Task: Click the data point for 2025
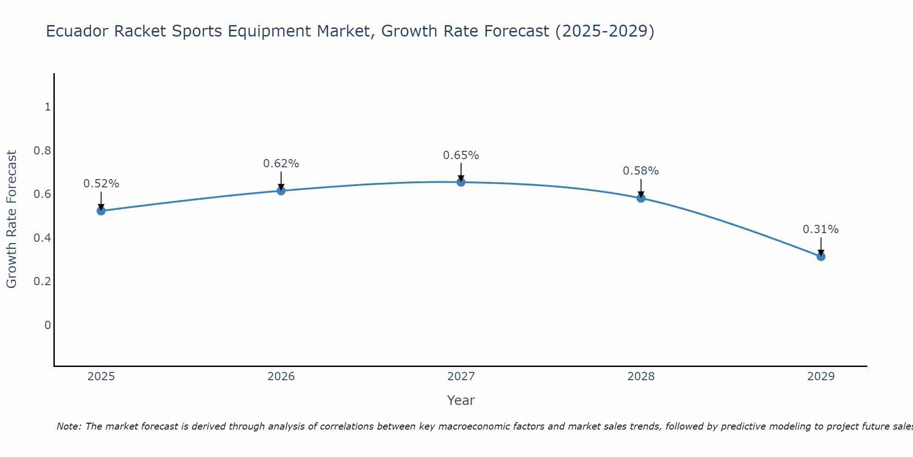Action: point(101,211)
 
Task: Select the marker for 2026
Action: point(281,191)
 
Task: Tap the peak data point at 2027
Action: point(461,182)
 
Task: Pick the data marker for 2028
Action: point(641,198)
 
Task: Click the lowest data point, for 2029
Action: point(821,256)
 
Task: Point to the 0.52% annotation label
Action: point(101,184)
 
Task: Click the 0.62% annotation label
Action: point(281,164)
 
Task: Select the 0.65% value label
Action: point(461,155)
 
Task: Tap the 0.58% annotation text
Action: point(641,171)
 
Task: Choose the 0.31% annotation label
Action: point(821,229)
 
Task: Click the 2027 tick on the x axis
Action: point(461,377)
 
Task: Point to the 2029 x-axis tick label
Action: point(821,377)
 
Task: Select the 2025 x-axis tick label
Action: point(101,377)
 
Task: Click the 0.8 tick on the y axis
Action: point(42,150)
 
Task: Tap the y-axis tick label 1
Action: point(47,107)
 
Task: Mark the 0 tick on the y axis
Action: point(47,325)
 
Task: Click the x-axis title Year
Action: point(461,400)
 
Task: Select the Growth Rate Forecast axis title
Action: point(11,219)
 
